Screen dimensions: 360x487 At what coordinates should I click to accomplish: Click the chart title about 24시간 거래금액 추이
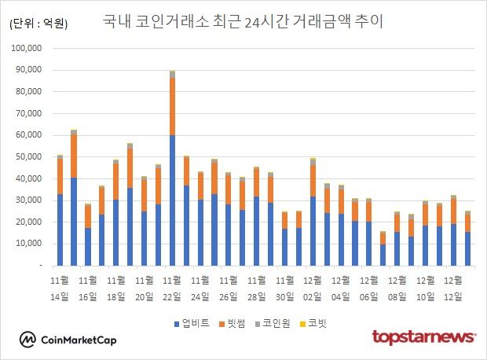243,21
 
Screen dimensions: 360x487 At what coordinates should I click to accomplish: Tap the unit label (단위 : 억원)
38,24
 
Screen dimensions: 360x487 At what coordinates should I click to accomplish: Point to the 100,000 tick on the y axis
32,48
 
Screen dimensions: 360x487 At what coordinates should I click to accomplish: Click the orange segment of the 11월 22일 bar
172,106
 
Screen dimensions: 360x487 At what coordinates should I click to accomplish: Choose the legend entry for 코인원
276,323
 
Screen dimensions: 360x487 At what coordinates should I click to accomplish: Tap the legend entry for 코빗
315,323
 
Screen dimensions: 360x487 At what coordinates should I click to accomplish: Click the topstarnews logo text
423,337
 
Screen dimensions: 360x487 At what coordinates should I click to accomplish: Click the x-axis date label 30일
284,296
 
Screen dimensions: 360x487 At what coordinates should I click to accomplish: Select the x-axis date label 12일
453,296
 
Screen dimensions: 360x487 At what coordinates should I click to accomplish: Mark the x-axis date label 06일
369,296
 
